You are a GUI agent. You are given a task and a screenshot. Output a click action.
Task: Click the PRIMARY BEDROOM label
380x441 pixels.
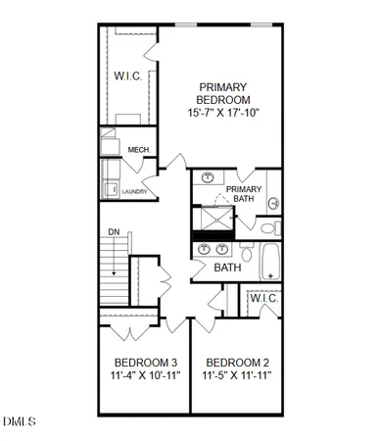tap(223, 92)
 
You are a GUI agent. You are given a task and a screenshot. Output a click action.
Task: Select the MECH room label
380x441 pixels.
tap(138, 150)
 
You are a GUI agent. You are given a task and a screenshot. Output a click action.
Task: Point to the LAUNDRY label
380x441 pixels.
tap(135, 192)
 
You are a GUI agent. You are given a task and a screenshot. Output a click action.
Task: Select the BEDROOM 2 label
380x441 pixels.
tap(236, 360)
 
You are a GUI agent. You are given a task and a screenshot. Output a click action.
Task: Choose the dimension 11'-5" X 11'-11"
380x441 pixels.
tap(236, 375)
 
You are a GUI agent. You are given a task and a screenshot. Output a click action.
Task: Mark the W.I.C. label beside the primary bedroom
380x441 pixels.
tap(128, 75)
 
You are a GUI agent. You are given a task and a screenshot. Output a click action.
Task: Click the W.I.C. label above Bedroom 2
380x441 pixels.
tap(263, 299)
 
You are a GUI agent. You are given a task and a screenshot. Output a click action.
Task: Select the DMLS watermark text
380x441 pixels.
tap(20, 422)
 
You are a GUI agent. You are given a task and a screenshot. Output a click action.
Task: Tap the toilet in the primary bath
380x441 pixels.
tap(272, 204)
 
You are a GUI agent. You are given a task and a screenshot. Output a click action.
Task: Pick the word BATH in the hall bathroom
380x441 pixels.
tap(227, 268)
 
